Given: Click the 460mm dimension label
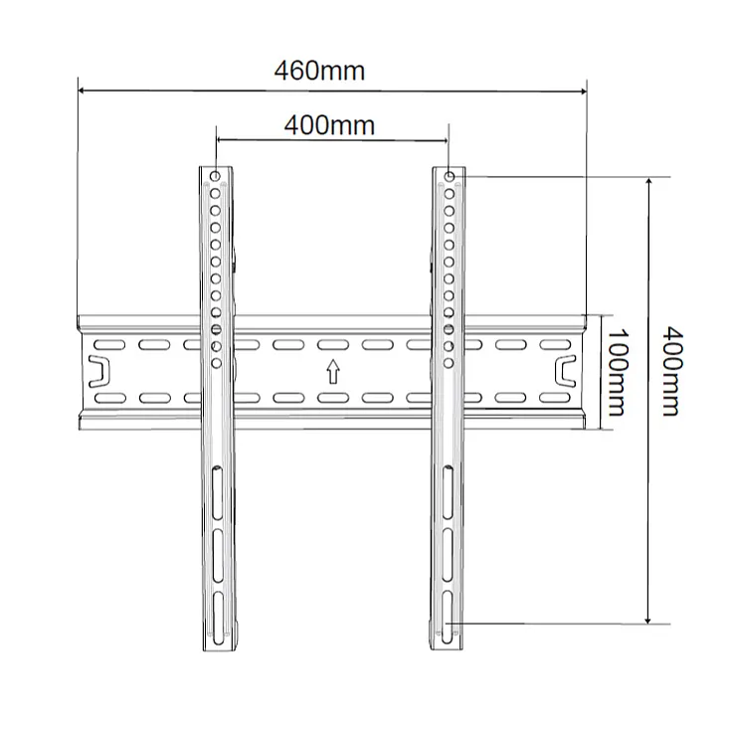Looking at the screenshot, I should [x=319, y=72].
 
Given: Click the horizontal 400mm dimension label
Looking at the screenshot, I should [x=329, y=125].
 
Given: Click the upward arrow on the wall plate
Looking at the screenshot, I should [x=332, y=372].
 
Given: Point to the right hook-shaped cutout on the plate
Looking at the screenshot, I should [x=564, y=371].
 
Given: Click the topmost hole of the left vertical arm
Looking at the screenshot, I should [x=216, y=178].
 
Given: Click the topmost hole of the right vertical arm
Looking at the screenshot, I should [x=450, y=178].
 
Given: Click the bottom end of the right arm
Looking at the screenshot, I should [x=450, y=644].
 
